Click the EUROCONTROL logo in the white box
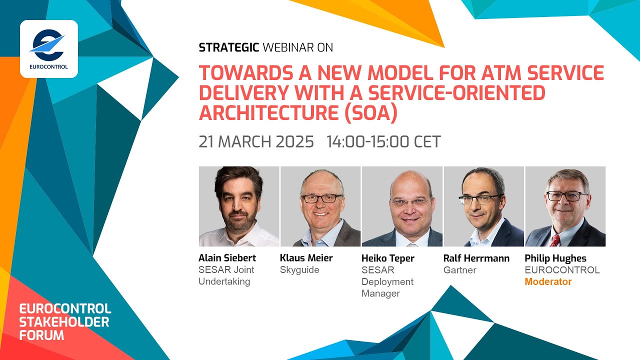click(x=48, y=48)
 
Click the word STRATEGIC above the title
click(x=228, y=47)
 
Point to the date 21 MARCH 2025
click(x=256, y=141)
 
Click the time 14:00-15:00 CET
click(x=383, y=141)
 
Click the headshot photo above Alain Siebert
click(x=239, y=206)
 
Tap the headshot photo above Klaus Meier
click(x=320, y=206)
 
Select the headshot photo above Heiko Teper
click(x=402, y=206)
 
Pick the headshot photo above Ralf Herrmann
click(x=483, y=206)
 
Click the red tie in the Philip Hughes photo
click(x=554, y=240)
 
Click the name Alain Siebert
click(x=227, y=258)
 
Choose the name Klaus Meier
click(x=306, y=258)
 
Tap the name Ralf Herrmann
click(x=476, y=258)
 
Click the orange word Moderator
click(x=548, y=282)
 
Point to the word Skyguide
click(x=300, y=270)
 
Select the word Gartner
click(x=459, y=270)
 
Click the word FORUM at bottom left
click(x=41, y=335)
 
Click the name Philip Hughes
click(x=555, y=258)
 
